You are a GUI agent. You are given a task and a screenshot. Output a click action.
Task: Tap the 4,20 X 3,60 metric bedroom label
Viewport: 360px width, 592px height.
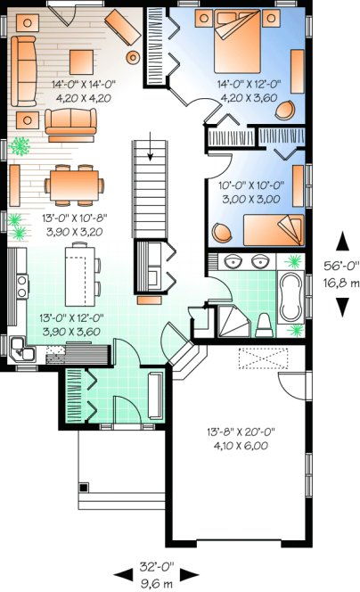click(243, 98)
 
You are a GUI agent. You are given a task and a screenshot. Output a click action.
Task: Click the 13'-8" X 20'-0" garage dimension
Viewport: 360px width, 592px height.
click(241, 432)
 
